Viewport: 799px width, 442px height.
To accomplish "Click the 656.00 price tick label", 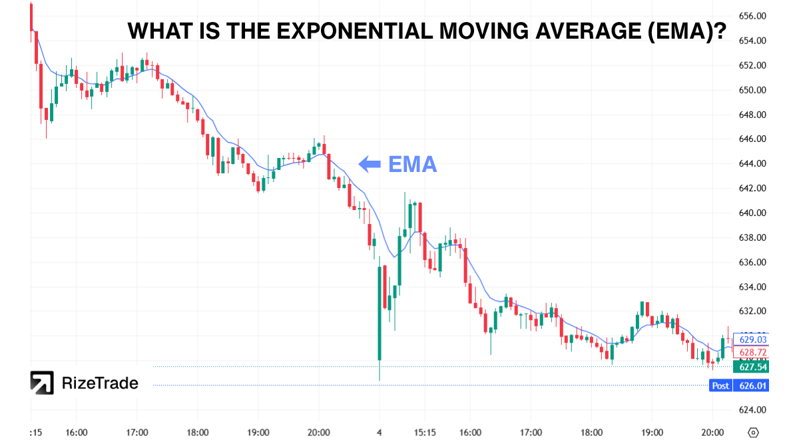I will (752, 16).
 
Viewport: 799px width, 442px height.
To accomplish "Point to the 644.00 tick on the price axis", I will (752, 164).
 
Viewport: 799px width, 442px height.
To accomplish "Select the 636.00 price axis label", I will (752, 263).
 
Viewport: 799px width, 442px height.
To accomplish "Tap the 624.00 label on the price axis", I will (752, 410).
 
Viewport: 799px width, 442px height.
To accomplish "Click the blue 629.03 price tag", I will (752, 339).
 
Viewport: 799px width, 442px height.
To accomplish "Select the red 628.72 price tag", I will (752, 352).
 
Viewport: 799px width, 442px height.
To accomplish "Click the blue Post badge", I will (720, 385).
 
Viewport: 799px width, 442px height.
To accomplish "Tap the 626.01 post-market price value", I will (752, 385).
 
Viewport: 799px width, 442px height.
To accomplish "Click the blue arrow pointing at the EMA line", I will (369, 163).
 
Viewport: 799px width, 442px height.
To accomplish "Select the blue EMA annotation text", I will (412, 163).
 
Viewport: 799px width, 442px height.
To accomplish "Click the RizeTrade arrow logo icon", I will (42, 383).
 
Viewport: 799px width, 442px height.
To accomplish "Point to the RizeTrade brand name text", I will (100, 383).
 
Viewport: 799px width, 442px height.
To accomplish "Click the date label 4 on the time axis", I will (380, 432).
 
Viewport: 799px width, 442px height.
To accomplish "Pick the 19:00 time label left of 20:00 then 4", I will (258, 432).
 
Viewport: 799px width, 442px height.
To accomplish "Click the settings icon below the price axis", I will (753, 432).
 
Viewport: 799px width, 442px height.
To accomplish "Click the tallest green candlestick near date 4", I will (380, 313).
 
